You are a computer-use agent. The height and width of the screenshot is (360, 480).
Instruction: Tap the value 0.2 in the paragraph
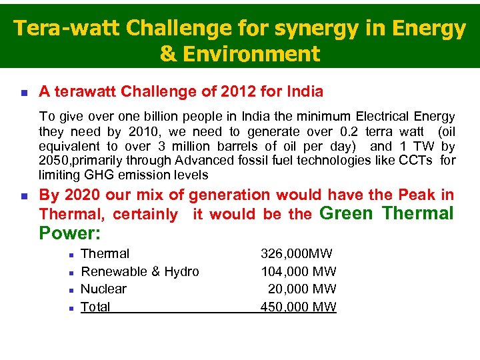click(344, 131)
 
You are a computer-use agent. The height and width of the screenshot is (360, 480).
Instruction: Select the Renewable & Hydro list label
click(139, 271)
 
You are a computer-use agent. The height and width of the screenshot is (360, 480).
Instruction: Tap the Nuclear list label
click(103, 289)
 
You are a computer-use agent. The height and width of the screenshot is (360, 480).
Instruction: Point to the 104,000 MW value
click(298, 271)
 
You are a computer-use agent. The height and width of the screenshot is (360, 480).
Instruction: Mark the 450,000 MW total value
click(298, 307)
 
